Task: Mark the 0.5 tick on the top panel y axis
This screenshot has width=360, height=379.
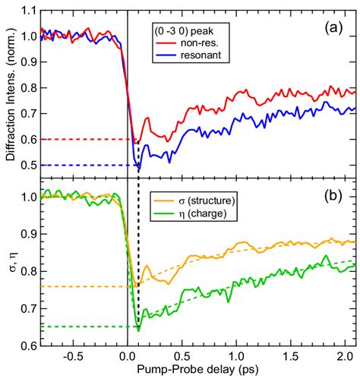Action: [30, 165]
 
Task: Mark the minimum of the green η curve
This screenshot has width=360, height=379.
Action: [138, 330]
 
